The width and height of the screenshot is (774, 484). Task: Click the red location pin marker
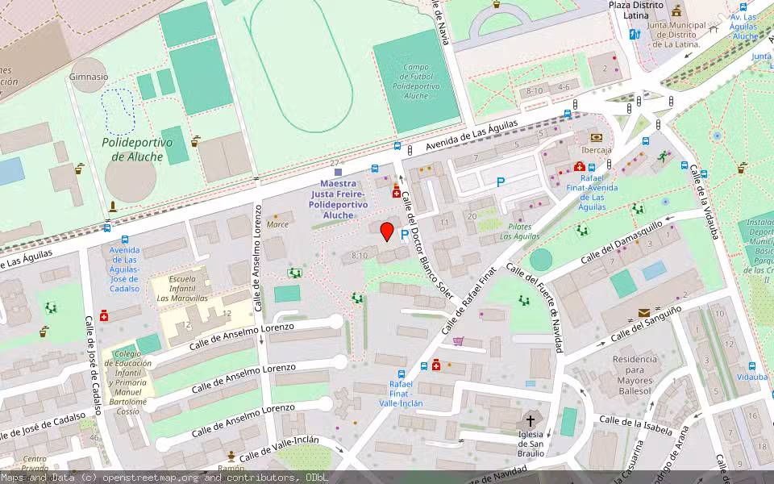coord(387,232)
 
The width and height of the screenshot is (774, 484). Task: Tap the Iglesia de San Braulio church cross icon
coord(531,420)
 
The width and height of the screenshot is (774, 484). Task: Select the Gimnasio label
coord(89,77)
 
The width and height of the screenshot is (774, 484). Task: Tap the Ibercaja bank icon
coord(596,138)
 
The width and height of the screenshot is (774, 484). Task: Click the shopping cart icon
coord(459,341)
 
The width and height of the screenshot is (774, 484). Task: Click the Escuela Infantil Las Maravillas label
coord(182,288)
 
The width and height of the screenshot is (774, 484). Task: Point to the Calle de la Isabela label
coord(636,425)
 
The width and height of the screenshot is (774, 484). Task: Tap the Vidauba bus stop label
coord(752,377)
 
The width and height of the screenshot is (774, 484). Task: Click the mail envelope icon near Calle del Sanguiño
coord(643,312)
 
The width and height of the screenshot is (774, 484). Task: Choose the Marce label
coord(277,224)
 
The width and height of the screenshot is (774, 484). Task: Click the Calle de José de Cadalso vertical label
coord(94,365)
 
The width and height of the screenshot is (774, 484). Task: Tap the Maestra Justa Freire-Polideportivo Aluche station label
coord(338,199)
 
